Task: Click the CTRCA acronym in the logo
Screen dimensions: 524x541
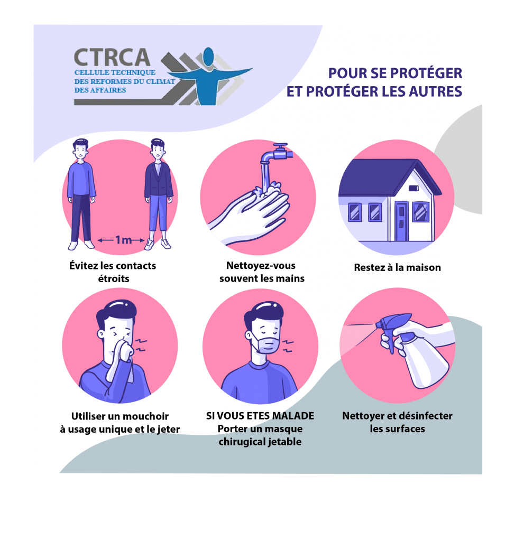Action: (x=112, y=57)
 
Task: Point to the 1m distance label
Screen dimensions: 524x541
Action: (x=123, y=240)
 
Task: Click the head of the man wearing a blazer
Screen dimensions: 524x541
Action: (x=158, y=148)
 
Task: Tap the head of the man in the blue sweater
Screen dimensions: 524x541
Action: (x=80, y=149)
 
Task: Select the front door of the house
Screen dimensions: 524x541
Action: (x=401, y=221)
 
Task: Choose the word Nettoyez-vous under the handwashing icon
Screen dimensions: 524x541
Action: (x=261, y=266)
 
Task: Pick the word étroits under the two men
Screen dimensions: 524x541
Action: (x=114, y=278)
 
